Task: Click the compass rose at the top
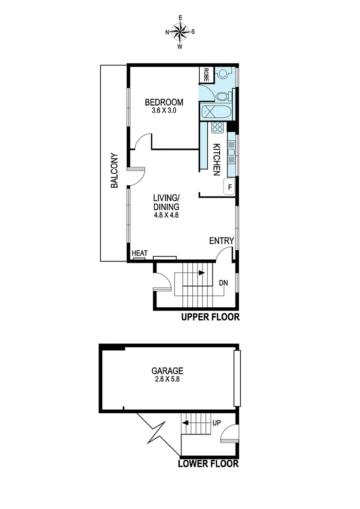[x=180, y=32]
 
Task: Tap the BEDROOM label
[x=164, y=102]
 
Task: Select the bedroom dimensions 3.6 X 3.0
[x=164, y=111]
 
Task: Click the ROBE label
[x=206, y=74]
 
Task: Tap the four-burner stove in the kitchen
[x=217, y=127]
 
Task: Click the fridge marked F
[x=229, y=187]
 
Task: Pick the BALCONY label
[x=114, y=171]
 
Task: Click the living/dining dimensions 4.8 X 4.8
[x=166, y=214]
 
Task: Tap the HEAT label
[x=139, y=254]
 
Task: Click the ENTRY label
[x=221, y=241]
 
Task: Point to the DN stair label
[x=224, y=283]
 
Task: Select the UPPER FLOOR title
[x=210, y=317]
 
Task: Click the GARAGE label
[x=167, y=371]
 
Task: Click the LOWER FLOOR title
[x=208, y=464]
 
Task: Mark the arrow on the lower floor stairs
[x=186, y=422]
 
